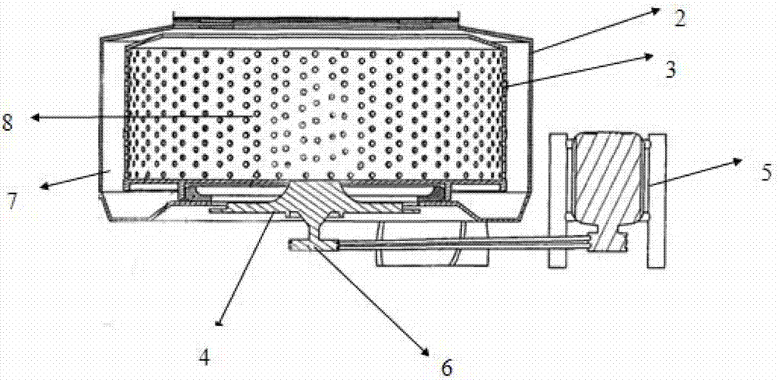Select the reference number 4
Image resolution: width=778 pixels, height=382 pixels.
tap(204, 357)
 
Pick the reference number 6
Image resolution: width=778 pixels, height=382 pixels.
tap(447, 366)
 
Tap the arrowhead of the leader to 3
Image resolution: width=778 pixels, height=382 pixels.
tap(654, 55)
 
